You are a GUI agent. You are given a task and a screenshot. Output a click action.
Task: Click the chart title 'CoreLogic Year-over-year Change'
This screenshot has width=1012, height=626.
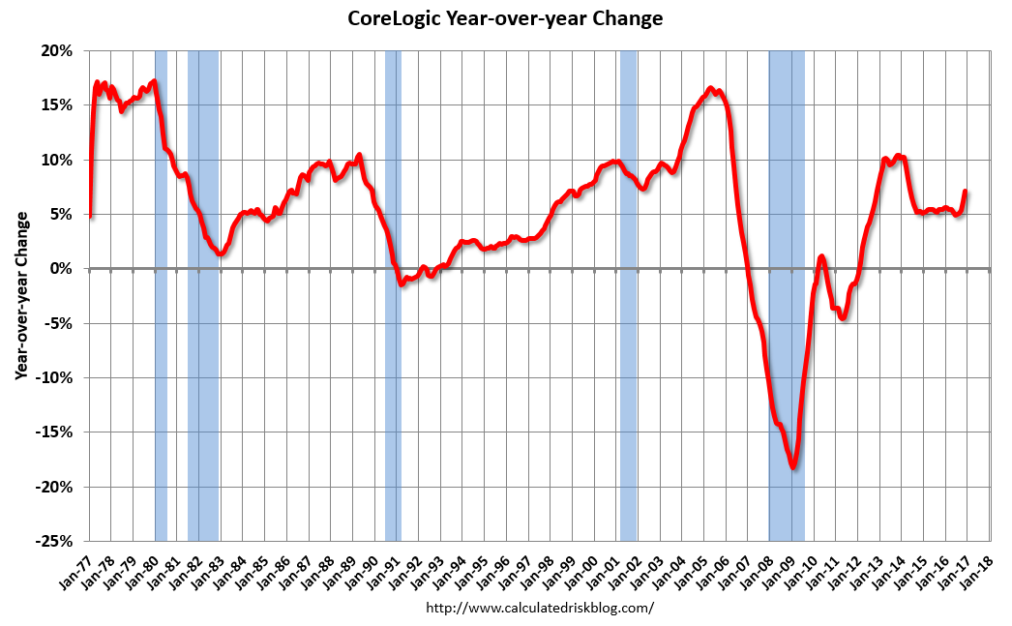tap(505, 18)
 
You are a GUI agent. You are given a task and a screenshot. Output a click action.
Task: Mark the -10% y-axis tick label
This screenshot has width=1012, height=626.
tap(56, 377)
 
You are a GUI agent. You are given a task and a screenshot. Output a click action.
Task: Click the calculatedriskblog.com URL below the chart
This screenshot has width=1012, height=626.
tap(540, 608)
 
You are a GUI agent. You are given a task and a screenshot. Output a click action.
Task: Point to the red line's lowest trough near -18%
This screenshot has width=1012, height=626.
tap(793, 467)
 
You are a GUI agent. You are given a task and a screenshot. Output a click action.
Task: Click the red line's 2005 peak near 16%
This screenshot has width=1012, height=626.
tap(710, 89)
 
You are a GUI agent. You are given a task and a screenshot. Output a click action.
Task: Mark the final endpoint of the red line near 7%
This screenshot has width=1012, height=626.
tap(966, 192)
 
